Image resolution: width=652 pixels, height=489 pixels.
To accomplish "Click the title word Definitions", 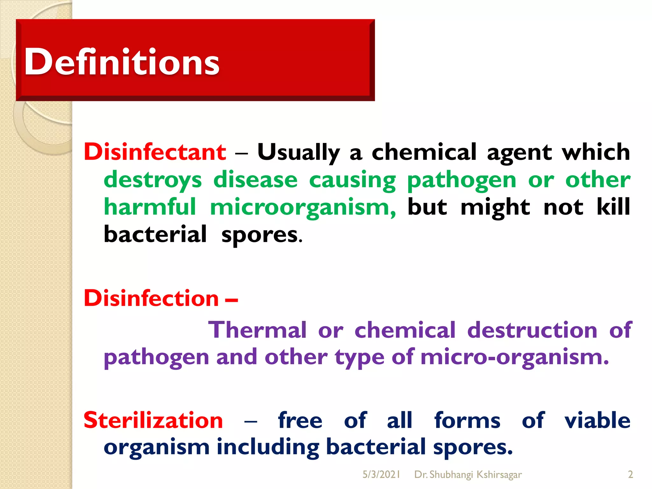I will tap(122, 62).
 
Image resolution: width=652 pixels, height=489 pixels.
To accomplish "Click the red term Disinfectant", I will tap(155, 152).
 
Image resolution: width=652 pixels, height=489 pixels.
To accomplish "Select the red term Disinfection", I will tap(151, 299).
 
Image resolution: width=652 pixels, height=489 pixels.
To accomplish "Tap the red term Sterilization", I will tap(153, 421).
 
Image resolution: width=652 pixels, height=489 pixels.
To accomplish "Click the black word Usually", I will tap(299, 152).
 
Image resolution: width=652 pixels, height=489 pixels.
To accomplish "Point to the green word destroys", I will tap(153, 180).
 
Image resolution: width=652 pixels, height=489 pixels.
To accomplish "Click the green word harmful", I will tap(150, 207).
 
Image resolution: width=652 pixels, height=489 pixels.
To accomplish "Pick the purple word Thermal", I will tap(257, 330).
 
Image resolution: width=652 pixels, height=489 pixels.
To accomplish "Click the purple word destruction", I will tap(532, 330).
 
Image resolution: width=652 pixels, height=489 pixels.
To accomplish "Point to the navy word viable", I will tap(597, 421).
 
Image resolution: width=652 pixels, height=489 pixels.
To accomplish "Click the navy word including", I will tap(268, 447).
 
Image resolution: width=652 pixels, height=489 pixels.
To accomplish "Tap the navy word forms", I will tap(467, 421).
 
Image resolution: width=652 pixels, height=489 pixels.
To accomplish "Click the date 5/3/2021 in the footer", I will tap(381, 475).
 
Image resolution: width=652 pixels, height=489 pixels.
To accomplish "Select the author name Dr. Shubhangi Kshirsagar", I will tap(468, 475).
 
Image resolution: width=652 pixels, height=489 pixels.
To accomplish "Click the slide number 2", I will tap(630, 475).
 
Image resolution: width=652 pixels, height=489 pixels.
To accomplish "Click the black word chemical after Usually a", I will tap(424, 152).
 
